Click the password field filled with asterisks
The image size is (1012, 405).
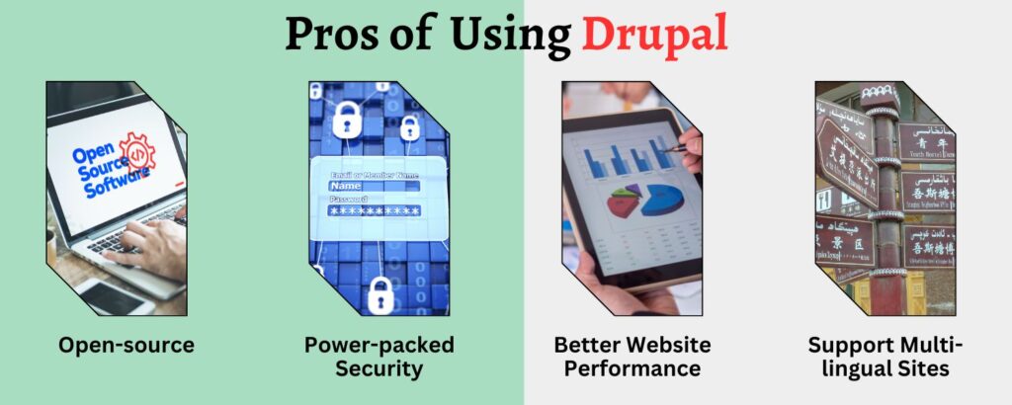pos(375,210)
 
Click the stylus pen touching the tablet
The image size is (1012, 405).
pos(678,149)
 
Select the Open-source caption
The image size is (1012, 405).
pos(126,345)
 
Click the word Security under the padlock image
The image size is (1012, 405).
pos(378,369)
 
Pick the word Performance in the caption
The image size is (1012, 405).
pos(632,369)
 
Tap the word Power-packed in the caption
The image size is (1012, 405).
pos(379,345)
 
